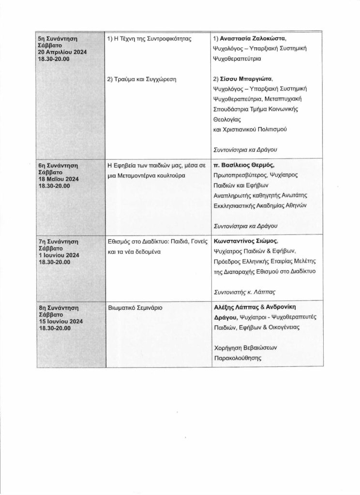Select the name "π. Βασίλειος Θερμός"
click(x=247, y=165)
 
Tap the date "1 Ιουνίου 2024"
click(x=59, y=255)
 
